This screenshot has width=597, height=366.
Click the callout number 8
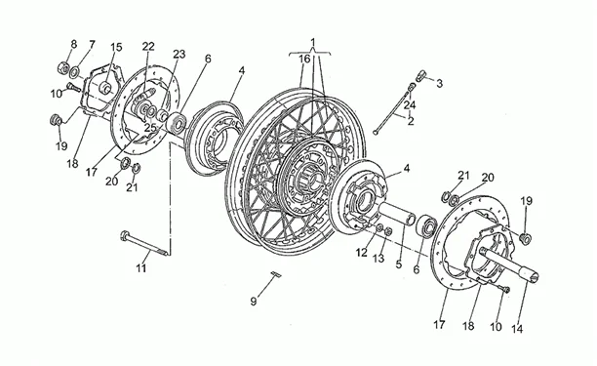point(73,44)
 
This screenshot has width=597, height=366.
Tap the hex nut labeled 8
point(62,67)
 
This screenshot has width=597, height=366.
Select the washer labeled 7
point(75,70)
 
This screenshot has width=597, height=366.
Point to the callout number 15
point(116,47)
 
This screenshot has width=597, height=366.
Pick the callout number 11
point(141,268)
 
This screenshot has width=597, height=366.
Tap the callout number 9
point(254,302)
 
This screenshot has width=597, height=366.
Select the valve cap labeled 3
point(420,74)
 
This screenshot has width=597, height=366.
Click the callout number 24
point(410,104)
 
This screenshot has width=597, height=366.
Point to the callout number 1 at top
point(313,41)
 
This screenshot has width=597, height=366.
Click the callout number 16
point(304,59)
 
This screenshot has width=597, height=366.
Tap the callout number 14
point(517,328)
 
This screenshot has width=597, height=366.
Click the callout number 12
point(362,252)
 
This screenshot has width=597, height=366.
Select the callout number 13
point(378,259)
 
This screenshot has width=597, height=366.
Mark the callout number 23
point(179,55)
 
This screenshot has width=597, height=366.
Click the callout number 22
point(148,47)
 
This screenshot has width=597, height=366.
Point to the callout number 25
point(150,128)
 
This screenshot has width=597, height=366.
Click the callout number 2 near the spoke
point(410,121)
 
